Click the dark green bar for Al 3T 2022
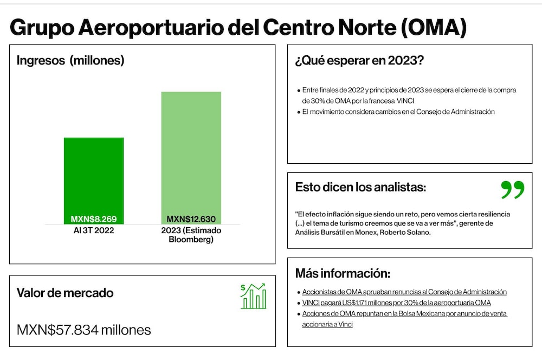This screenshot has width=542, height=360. [x=94, y=181]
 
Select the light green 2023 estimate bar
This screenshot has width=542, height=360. [x=191, y=158]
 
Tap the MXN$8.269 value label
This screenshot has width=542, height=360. [x=94, y=219]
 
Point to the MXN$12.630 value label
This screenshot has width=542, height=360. [x=191, y=219]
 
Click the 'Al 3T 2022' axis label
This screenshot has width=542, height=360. [x=94, y=230]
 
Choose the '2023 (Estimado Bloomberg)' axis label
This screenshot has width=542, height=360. [x=191, y=235]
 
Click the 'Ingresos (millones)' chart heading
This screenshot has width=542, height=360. [x=70, y=61]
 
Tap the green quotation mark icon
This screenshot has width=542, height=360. [x=513, y=190]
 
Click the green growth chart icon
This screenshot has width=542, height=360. [x=253, y=296]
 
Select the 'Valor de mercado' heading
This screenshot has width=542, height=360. [x=65, y=293]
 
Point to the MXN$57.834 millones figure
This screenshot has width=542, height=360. [x=83, y=330]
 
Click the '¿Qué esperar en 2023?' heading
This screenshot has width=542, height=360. [x=359, y=61]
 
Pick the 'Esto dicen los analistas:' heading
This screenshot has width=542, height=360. [x=360, y=187]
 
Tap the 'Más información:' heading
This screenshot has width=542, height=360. [x=343, y=273]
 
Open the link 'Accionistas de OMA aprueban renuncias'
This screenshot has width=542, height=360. [x=404, y=292]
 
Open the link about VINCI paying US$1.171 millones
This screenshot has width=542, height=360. [x=397, y=303]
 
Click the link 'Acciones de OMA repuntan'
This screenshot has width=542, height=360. [x=404, y=319]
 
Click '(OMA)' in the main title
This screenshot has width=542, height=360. [x=434, y=27]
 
